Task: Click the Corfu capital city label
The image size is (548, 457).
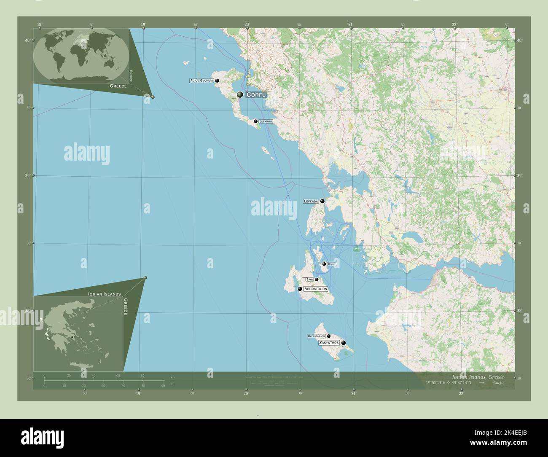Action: point(256,95)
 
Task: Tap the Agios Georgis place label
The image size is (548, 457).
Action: point(201,80)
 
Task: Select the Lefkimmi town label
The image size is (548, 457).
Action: point(266,121)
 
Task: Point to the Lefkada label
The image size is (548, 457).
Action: point(311,202)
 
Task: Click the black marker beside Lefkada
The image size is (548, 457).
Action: point(322,202)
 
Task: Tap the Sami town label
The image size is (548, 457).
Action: point(309,280)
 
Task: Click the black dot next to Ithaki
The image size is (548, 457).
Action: point(324,264)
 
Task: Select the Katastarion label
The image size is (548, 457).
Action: point(317,336)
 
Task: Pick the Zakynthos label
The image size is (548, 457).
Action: point(329,343)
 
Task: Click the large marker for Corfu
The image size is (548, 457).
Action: point(240,95)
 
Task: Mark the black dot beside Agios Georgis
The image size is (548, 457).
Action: point(217,80)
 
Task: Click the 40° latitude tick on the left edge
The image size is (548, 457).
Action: point(27,40)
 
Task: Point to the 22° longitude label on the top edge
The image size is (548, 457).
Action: point(454,24)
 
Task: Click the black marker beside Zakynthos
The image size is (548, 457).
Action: point(344,343)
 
